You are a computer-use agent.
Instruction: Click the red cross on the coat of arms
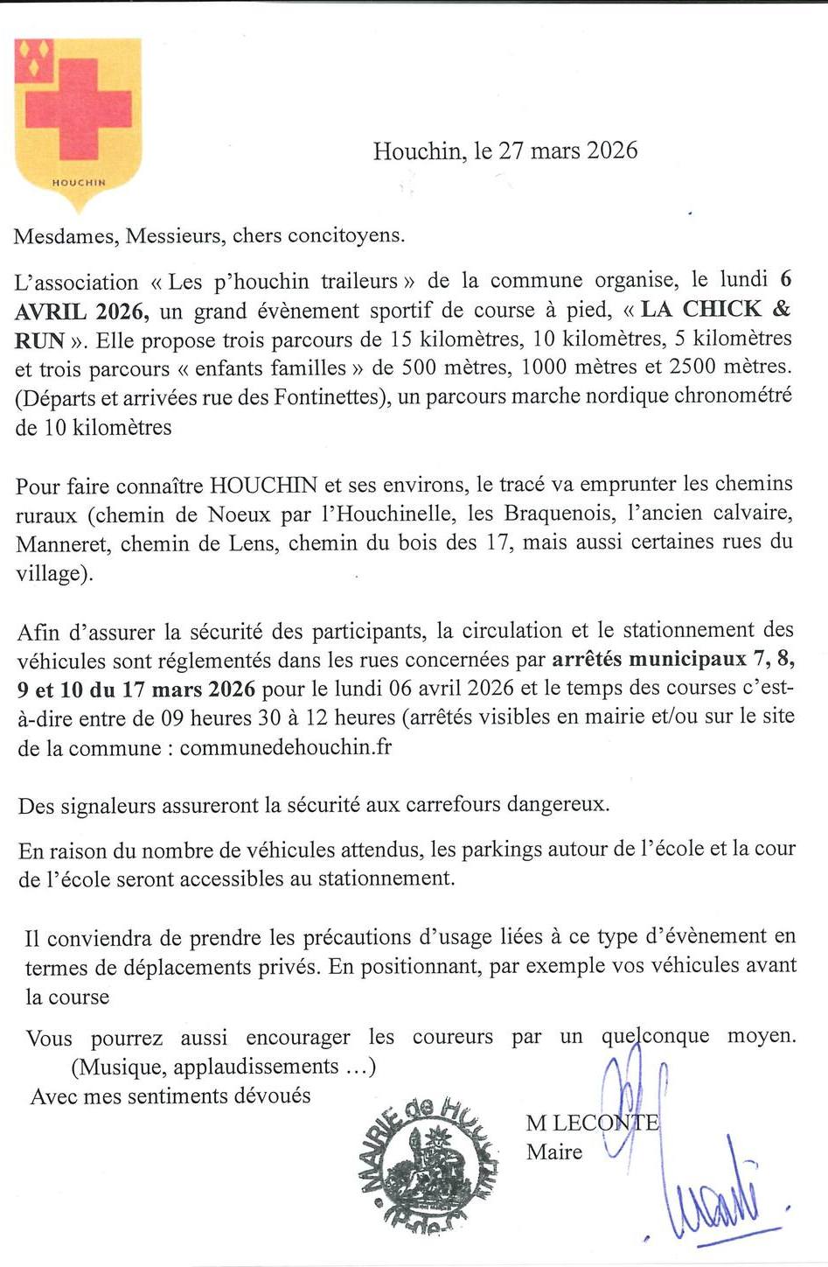coord(78,108)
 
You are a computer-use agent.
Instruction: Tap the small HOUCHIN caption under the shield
coord(79,183)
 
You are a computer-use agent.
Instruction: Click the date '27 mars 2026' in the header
coord(567,150)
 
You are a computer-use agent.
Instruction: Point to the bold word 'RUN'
coord(40,340)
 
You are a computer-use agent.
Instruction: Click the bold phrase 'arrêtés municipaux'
coord(649,658)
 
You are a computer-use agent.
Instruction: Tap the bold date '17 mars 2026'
coord(188,689)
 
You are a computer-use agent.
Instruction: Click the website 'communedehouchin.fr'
coord(285,748)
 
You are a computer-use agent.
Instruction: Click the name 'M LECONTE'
coord(592,1123)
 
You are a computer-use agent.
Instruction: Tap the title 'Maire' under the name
coord(554,1151)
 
